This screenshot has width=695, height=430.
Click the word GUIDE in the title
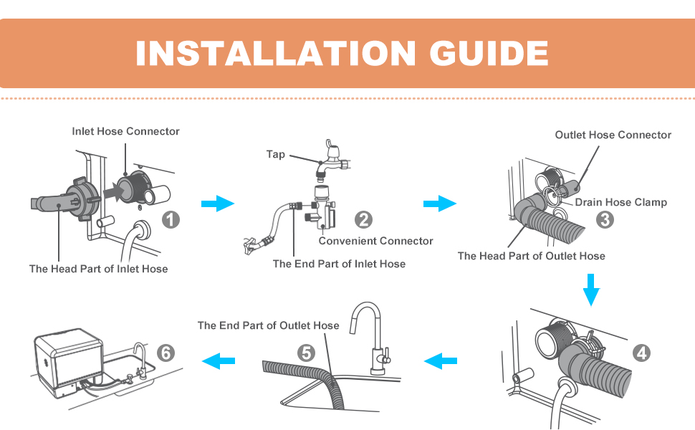pos(489,53)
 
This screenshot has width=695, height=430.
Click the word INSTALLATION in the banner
pos(276,53)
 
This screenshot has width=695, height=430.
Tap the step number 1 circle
pos(171,219)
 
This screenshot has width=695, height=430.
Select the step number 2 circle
pos(363,219)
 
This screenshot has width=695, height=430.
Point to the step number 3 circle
pos(605,219)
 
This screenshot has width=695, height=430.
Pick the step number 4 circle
pos(641,353)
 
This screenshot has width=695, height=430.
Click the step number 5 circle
pos(306,353)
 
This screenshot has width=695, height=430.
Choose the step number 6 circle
pos(166,353)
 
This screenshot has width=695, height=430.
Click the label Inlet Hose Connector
pos(125,131)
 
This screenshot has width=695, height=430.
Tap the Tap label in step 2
pos(275,154)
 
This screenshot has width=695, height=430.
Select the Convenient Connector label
pos(376,241)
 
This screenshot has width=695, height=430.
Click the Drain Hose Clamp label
pos(621,202)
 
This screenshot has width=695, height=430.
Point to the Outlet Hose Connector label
pos(613,135)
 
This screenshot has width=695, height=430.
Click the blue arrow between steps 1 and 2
pos(218,204)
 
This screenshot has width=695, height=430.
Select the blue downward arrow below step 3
pos(591,290)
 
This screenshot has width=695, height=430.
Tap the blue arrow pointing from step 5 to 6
pos(218,361)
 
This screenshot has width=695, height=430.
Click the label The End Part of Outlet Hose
pos(268,325)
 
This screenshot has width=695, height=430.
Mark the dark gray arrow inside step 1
pos(113,191)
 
